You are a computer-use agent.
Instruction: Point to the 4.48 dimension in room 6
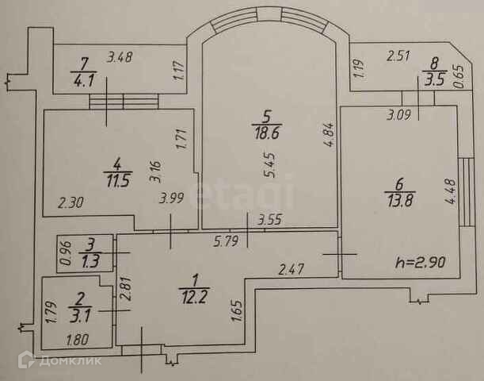452,194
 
